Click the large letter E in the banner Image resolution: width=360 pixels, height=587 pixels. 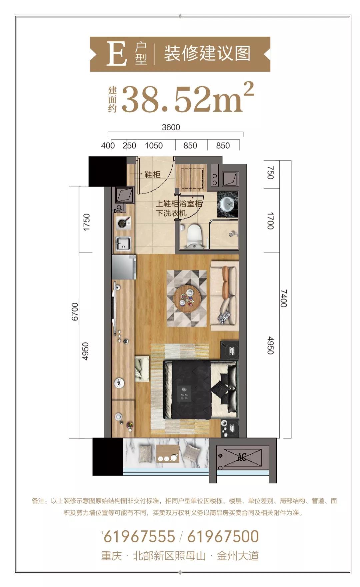[116, 54]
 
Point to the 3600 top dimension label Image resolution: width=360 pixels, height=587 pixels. [171, 127]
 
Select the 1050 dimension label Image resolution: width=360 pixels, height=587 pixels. [154, 146]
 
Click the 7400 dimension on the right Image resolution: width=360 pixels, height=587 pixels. [283, 298]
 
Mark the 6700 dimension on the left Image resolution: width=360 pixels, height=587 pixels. [75, 312]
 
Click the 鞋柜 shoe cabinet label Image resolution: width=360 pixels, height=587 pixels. [152, 174]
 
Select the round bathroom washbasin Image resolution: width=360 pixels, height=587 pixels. [228, 203]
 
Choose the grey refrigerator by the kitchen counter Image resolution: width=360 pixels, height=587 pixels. [124, 267]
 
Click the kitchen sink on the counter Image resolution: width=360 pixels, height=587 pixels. [123, 243]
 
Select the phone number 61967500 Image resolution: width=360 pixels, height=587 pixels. [223, 537]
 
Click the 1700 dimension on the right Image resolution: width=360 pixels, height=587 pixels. [270, 221]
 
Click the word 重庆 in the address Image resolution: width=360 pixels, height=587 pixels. [112, 556]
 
